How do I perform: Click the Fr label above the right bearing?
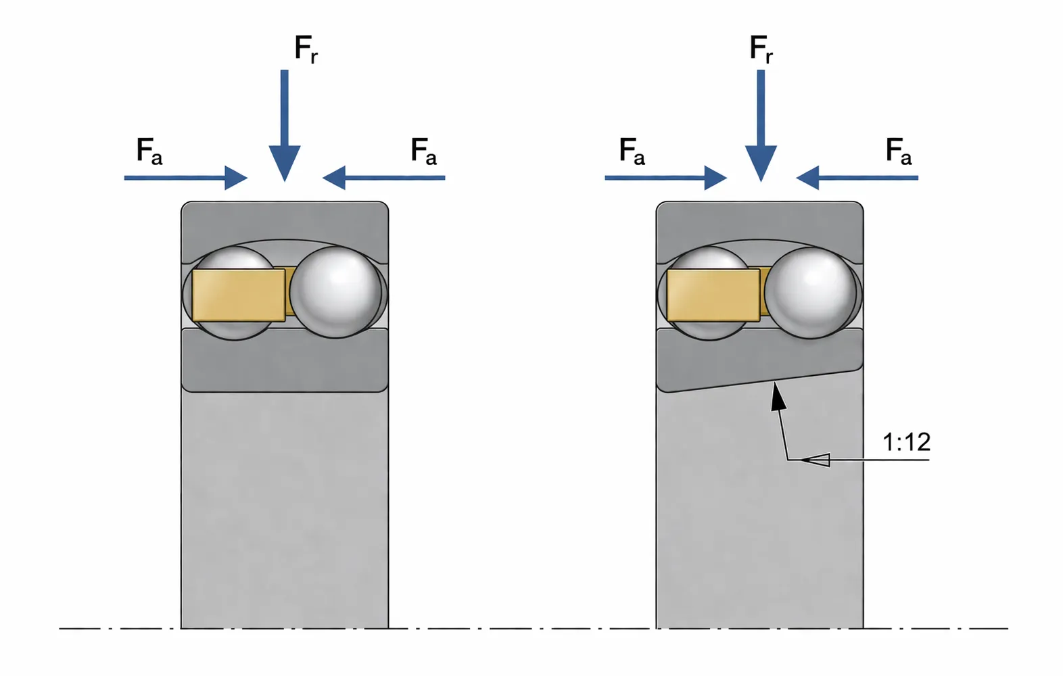coord(761,49)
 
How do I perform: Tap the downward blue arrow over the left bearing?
coord(285,128)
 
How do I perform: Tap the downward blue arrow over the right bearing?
coord(761,128)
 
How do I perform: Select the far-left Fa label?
coord(149,151)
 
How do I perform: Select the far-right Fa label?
coord(898,151)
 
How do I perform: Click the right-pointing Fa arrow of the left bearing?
coord(186,178)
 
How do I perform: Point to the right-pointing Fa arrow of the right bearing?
coord(665,178)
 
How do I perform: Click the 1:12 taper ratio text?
coord(906,442)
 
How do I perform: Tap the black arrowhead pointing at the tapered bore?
coord(778,396)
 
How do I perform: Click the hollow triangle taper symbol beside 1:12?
coord(818,460)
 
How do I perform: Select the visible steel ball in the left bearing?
coord(335,291)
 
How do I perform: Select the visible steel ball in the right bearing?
coord(810,292)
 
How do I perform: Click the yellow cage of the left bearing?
coord(238,295)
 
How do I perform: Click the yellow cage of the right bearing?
coord(713,295)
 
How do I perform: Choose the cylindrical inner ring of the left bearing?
coord(285,362)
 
